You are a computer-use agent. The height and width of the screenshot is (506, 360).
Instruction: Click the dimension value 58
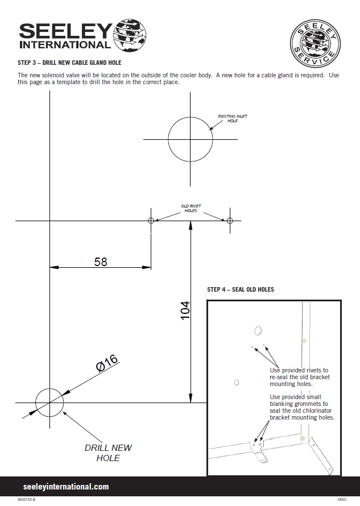click(x=100, y=261)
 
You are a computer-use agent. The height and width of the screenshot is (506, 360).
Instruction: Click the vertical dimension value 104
click(x=185, y=311)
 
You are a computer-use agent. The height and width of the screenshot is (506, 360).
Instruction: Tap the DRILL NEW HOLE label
click(x=108, y=453)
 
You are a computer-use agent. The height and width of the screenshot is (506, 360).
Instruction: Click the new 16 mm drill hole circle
click(x=50, y=403)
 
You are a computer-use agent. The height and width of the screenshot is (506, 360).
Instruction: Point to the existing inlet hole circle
click(x=190, y=139)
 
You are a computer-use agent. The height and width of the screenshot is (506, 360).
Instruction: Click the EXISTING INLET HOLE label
click(x=233, y=118)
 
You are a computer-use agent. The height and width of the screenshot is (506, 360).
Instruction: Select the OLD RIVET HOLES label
click(x=191, y=208)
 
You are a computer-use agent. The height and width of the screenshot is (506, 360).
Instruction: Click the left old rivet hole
click(x=151, y=221)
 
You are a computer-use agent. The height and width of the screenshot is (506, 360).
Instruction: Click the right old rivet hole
click(x=230, y=221)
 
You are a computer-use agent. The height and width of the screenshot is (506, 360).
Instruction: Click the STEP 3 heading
click(x=69, y=63)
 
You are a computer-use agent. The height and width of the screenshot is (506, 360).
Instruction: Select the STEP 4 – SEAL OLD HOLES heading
click(x=241, y=289)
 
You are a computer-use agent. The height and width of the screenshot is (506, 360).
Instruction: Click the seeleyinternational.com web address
click(x=66, y=487)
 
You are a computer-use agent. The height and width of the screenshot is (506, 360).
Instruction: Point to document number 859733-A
click(x=26, y=500)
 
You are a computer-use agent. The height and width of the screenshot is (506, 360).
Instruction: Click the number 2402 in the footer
click(x=341, y=500)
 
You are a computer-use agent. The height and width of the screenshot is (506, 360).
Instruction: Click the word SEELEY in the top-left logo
click(x=65, y=31)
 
